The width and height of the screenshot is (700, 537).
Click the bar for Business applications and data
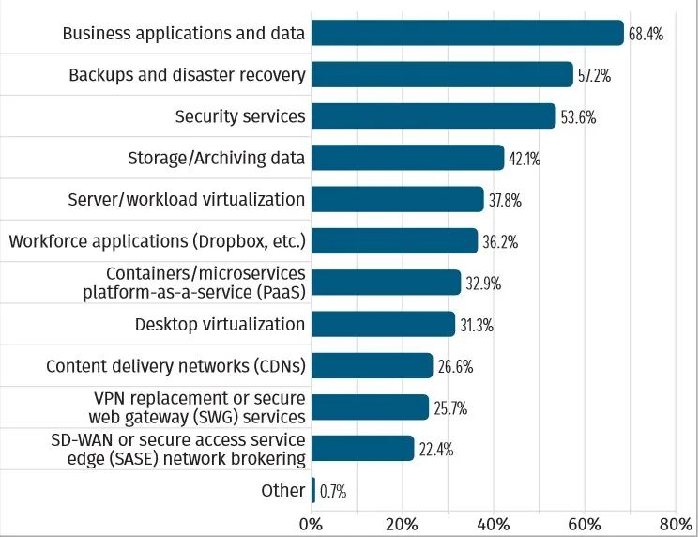(x=467, y=33)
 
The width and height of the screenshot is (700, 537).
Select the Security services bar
(x=434, y=116)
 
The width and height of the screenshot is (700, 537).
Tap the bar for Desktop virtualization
(x=383, y=324)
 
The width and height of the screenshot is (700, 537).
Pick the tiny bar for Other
(x=313, y=490)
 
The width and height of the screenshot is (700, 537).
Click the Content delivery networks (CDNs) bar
(x=372, y=365)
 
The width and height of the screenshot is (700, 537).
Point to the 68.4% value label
(x=647, y=34)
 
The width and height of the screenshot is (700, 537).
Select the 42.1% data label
(x=525, y=159)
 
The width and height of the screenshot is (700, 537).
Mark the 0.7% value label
(x=334, y=490)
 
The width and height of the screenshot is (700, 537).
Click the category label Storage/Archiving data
(x=217, y=158)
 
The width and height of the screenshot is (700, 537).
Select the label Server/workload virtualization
(x=187, y=199)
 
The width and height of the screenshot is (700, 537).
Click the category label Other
(x=283, y=490)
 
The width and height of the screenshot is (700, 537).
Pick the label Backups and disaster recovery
(x=187, y=75)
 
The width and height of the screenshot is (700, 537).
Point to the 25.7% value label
(x=450, y=407)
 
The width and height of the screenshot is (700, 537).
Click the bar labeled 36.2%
(x=394, y=241)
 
